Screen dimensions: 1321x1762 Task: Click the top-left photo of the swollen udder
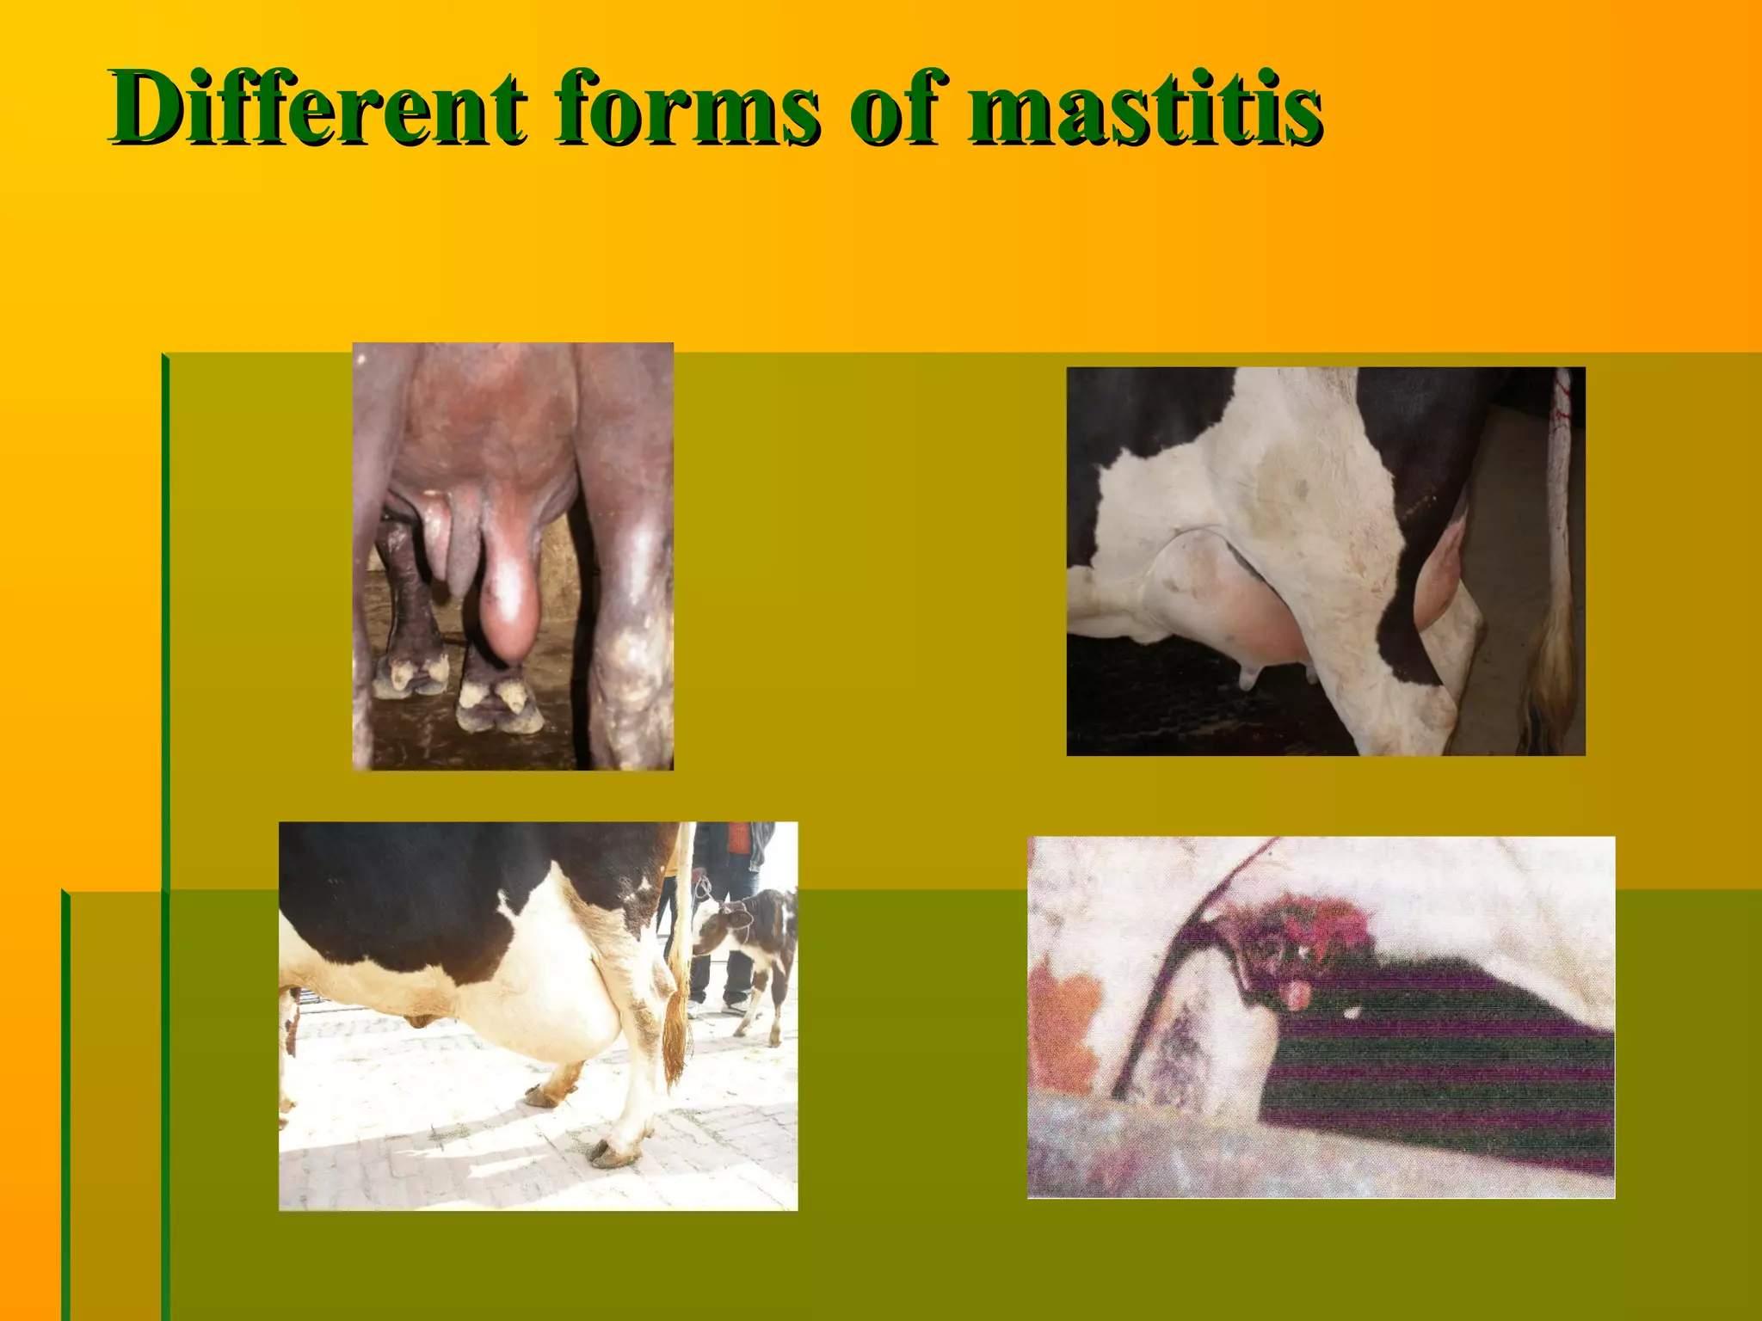click(513, 556)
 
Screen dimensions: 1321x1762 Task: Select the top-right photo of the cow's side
click(1325, 561)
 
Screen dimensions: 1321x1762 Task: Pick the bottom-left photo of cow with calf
click(538, 1016)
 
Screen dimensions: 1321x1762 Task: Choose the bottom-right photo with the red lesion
click(1321, 1017)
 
